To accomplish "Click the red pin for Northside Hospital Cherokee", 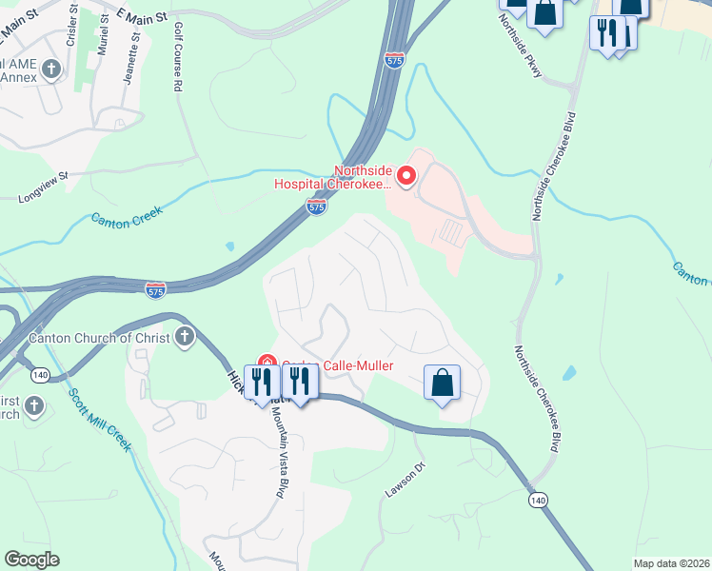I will [406, 175].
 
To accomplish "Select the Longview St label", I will [44, 187].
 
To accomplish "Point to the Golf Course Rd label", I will [178, 58].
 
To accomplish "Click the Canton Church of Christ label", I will [99, 338].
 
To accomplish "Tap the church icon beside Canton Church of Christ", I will [185, 337].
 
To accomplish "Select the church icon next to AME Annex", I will [52, 69].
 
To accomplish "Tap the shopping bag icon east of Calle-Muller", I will [442, 383].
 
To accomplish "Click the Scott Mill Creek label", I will [98, 418].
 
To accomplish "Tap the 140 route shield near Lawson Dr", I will [539, 500].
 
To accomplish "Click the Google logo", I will [31, 560].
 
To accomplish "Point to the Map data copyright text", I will [671, 563].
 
